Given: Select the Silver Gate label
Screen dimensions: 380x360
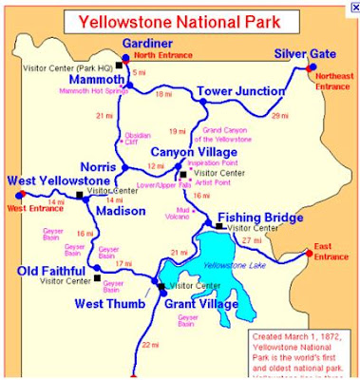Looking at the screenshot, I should click(301, 54).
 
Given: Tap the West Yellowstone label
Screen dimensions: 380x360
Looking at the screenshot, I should click(55, 180).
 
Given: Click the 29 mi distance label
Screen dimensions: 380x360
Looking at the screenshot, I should click(279, 115).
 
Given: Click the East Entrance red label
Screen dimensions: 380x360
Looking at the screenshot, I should click(329, 252).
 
